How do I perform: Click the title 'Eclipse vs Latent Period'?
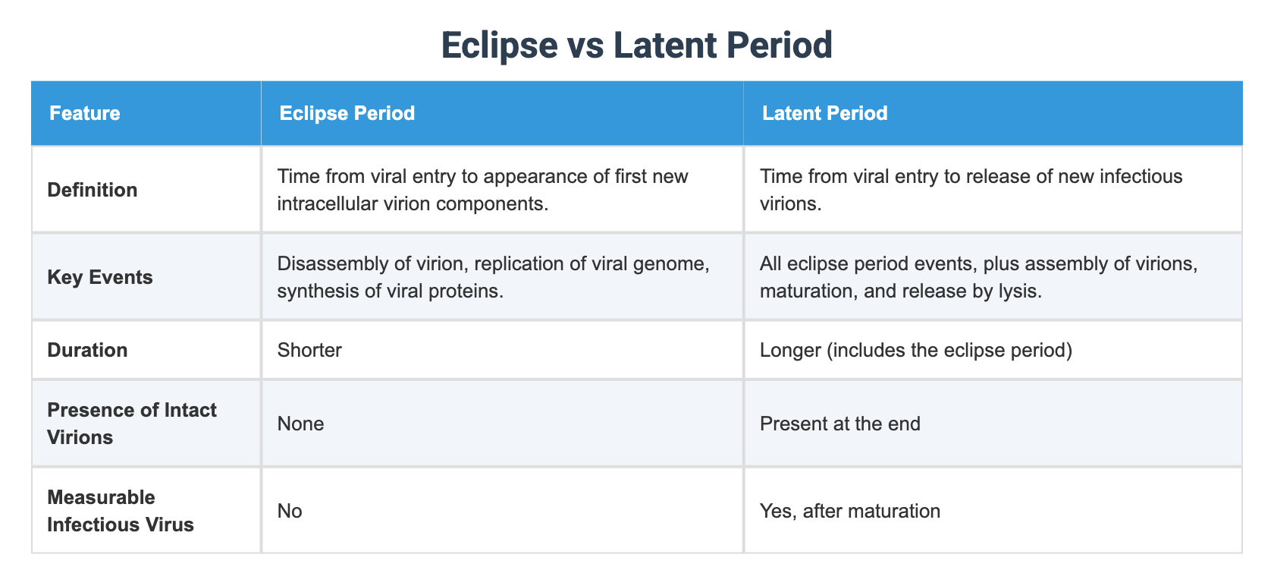tap(636, 46)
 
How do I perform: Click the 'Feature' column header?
tap(84, 113)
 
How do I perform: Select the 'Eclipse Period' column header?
tap(347, 113)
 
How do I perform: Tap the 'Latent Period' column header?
tap(824, 113)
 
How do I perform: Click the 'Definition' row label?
tap(93, 190)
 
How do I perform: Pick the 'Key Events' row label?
tap(100, 277)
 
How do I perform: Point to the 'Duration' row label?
tap(87, 350)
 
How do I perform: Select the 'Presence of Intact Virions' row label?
tap(131, 424)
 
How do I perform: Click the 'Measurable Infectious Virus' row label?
tap(120, 511)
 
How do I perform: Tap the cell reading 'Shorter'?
tap(309, 350)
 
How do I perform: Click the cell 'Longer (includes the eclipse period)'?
tap(915, 350)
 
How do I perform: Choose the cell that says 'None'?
tap(300, 424)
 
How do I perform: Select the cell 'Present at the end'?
tap(839, 424)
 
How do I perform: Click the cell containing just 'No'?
tap(290, 511)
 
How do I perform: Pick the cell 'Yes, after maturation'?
tap(849, 511)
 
